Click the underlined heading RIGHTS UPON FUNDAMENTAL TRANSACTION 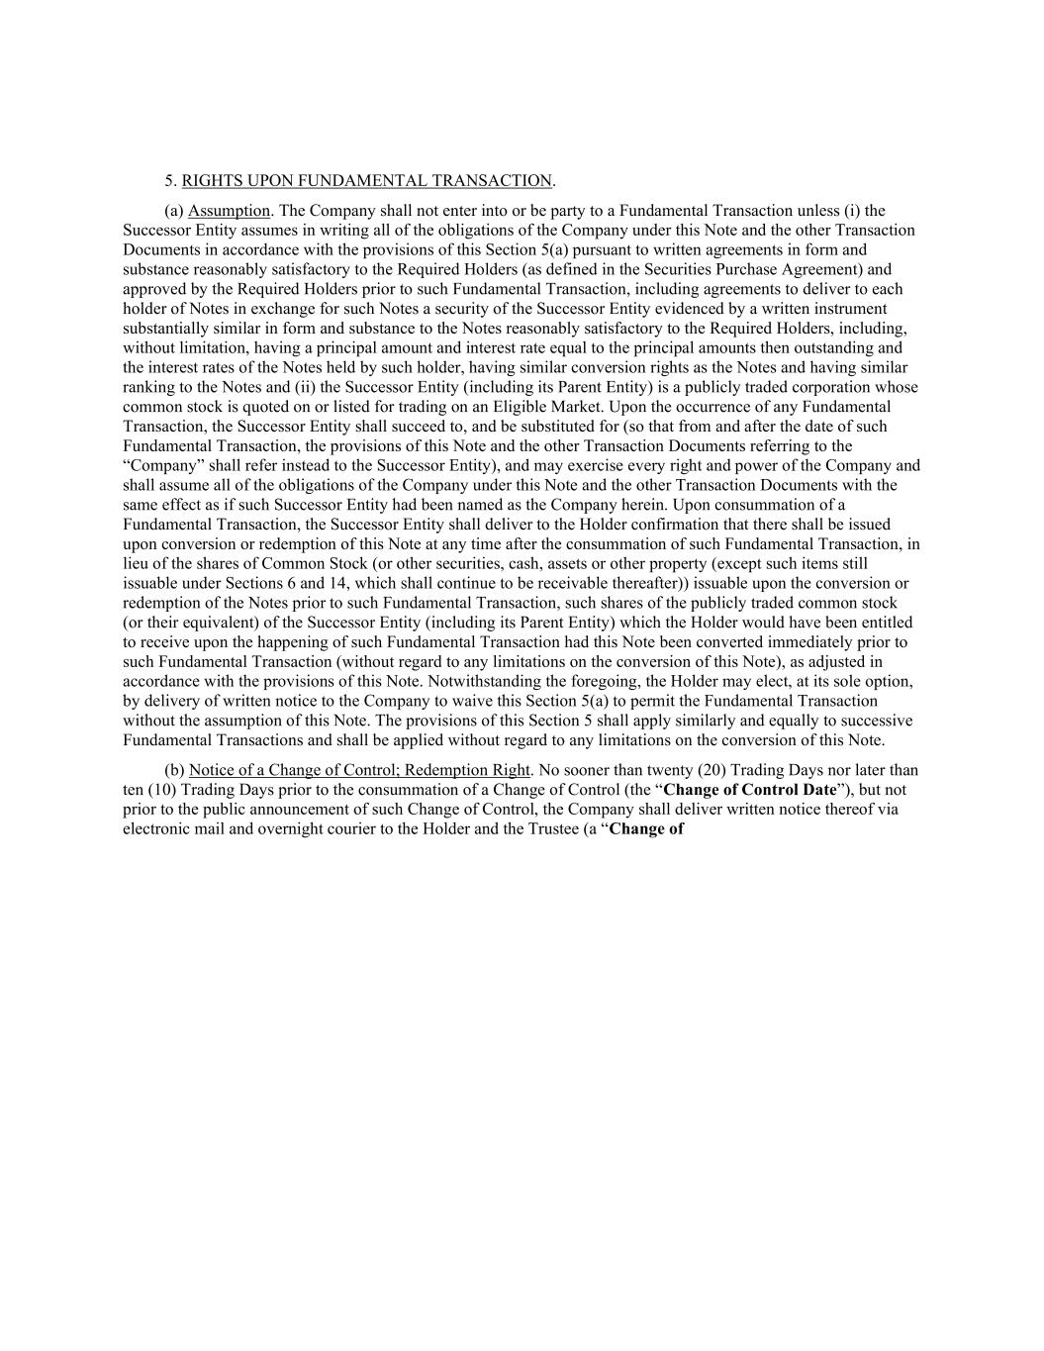[x=367, y=180]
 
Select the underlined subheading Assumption [x=229, y=210]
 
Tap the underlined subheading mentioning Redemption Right [x=360, y=770]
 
